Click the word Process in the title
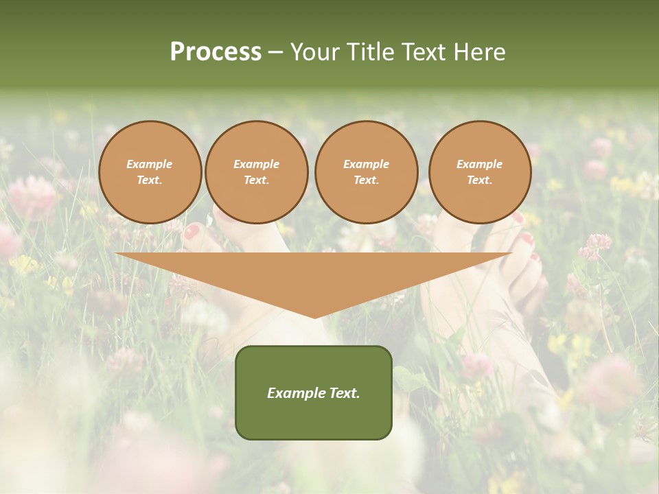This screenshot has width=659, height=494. click(216, 52)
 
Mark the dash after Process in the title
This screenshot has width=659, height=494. click(276, 54)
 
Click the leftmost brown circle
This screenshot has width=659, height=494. click(150, 172)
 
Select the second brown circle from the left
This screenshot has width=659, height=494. click(257, 172)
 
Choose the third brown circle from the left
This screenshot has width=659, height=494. click(367, 172)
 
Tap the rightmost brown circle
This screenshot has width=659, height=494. click(480, 172)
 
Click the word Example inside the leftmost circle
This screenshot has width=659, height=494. click(150, 165)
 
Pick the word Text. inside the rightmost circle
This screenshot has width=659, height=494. click(480, 180)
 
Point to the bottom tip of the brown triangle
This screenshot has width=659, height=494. click(314, 316)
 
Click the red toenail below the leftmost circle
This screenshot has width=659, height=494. click(192, 232)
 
